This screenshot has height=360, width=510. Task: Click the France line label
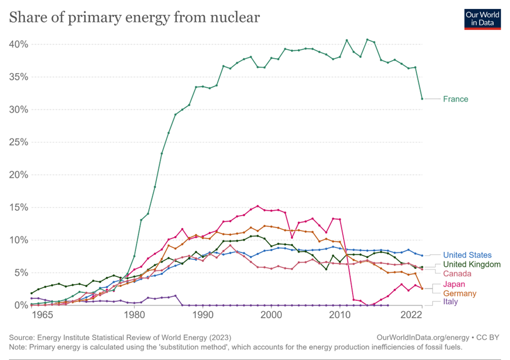(455, 99)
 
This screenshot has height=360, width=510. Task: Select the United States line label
(467, 255)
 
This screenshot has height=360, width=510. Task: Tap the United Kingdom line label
(471, 264)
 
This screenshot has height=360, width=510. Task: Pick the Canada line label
(457, 274)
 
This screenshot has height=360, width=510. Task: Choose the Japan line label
(455, 284)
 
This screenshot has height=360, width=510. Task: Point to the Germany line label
(460, 294)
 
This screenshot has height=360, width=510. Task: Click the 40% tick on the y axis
(17, 44)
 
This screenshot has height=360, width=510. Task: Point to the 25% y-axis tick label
(17, 142)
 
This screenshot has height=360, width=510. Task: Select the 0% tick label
(20, 305)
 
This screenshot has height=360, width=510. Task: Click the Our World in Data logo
(482, 18)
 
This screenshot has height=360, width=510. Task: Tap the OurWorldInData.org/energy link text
(420, 337)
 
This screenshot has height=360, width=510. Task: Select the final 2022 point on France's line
(422, 98)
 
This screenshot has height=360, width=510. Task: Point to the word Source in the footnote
(22, 337)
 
